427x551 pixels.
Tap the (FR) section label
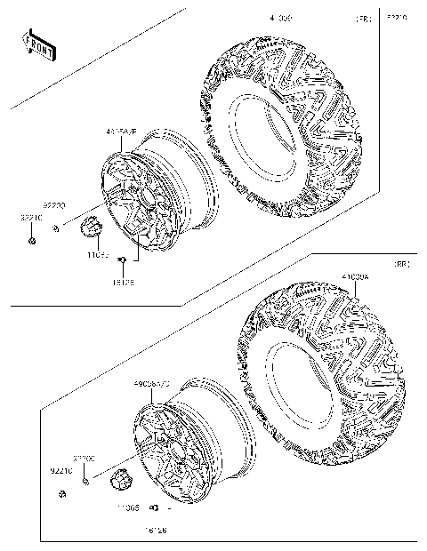point(363,18)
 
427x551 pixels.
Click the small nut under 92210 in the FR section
point(31,241)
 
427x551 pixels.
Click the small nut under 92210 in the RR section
point(60,493)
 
